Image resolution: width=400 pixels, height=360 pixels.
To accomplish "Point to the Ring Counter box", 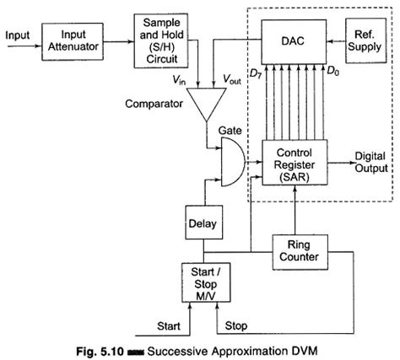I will click(x=300, y=250).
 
